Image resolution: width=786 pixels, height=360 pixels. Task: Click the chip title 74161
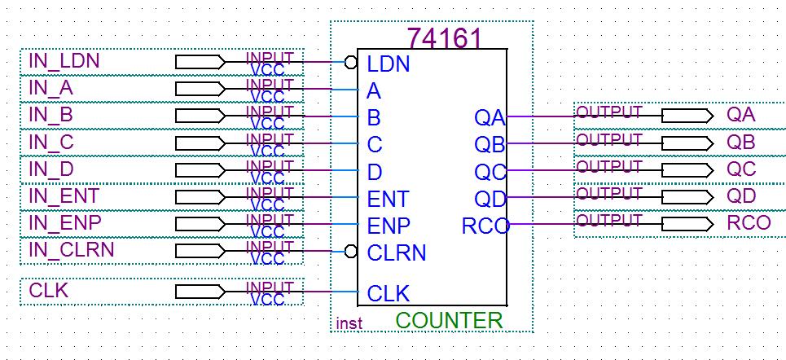[x=444, y=37]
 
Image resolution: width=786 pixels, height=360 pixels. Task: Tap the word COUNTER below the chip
[x=449, y=320]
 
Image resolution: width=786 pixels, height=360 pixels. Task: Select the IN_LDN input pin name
[x=64, y=61]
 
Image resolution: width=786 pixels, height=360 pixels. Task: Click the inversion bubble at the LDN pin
[x=351, y=62]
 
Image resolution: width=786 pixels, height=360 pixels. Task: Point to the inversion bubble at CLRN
[x=351, y=251]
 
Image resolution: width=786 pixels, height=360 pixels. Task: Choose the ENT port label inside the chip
[x=389, y=199]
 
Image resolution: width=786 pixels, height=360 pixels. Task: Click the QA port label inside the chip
[x=490, y=118]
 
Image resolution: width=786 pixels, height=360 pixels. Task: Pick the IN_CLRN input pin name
[x=72, y=249]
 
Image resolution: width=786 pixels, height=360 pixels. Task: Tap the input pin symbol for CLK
[x=200, y=292]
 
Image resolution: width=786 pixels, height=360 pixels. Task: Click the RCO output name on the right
[x=749, y=223]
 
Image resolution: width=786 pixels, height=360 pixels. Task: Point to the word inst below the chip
[x=349, y=323]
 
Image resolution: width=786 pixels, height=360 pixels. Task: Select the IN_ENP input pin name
[x=65, y=222]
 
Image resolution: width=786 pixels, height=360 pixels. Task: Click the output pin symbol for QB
[x=687, y=143]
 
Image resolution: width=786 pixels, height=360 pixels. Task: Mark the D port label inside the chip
[x=375, y=172]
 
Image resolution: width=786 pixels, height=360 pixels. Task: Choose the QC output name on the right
[x=741, y=169]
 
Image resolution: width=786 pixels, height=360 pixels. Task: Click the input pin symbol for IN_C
[x=200, y=143]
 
